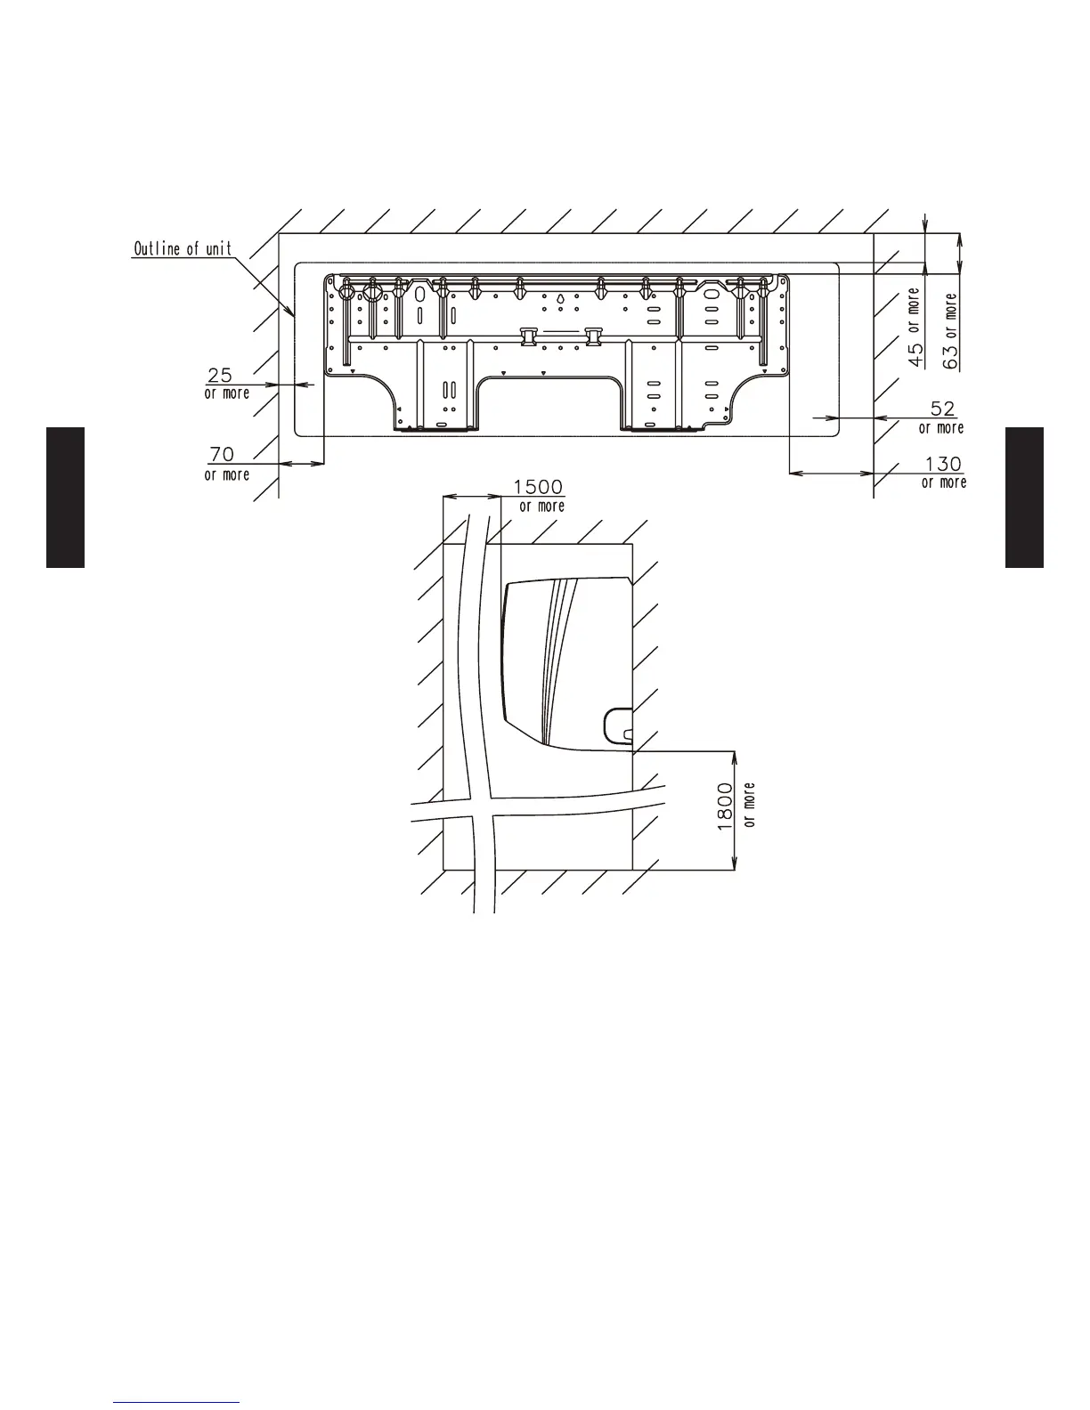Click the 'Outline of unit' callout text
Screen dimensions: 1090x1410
pos(183,248)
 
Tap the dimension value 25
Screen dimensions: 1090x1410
pos(220,375)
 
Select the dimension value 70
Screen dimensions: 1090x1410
pos(222,454)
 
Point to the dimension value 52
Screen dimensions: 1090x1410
pos(943,409)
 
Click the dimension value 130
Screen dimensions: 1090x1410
pos(943,464)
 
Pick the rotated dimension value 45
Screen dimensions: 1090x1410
pos(915,354)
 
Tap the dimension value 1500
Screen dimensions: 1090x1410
pos(538,487)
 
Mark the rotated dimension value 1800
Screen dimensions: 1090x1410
pos(725,806)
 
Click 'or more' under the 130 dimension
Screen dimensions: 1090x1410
pos(944,482)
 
